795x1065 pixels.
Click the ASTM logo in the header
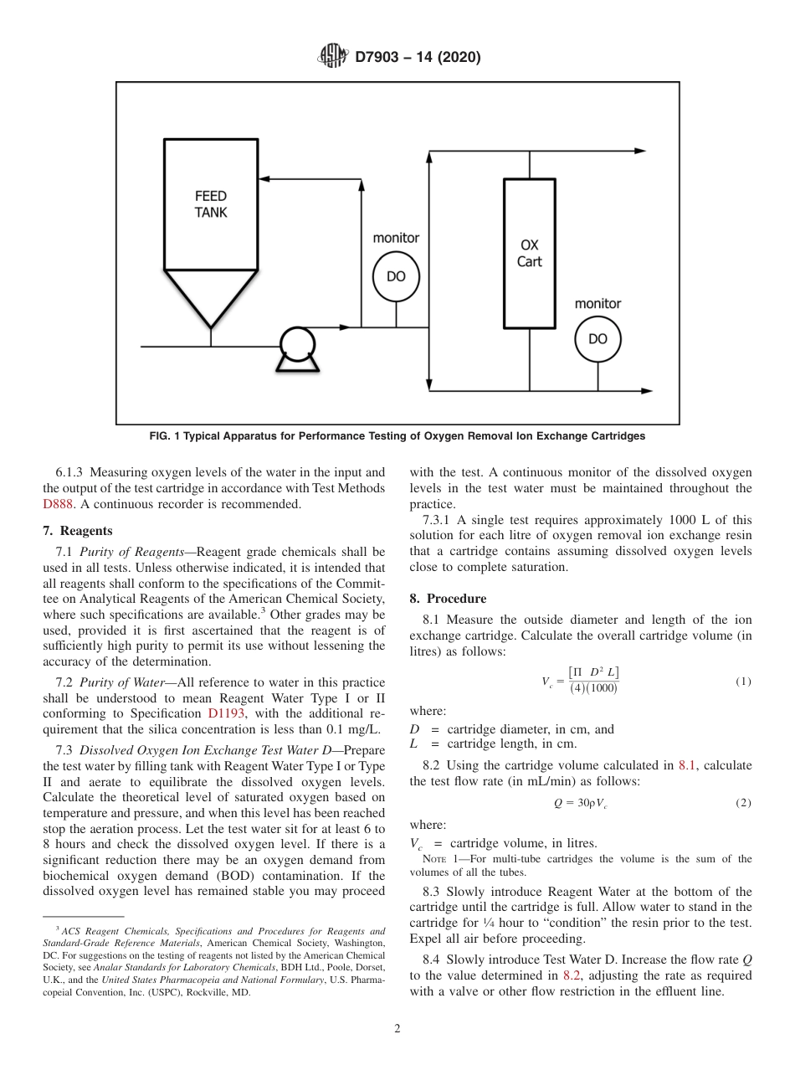click(x=333, y=57)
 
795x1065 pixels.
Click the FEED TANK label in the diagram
click(x=210, y=204)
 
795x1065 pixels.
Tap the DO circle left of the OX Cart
click(x=396, y=276)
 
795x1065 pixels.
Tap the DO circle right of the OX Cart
click(x=598, y=339)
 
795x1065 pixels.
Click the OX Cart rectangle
click(x=529, y=254)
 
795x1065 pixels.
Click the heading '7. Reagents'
click(x=77, y=531)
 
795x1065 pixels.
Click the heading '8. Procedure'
click(x=448, y=599)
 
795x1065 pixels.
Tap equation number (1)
click(x=743, y=682)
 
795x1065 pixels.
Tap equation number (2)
click(x=743, y=803)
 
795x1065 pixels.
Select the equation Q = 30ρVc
click(x=580, y=803)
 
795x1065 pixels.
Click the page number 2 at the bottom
click(x=397, y=1029)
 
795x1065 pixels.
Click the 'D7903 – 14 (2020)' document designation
click(x=418, y=58)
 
